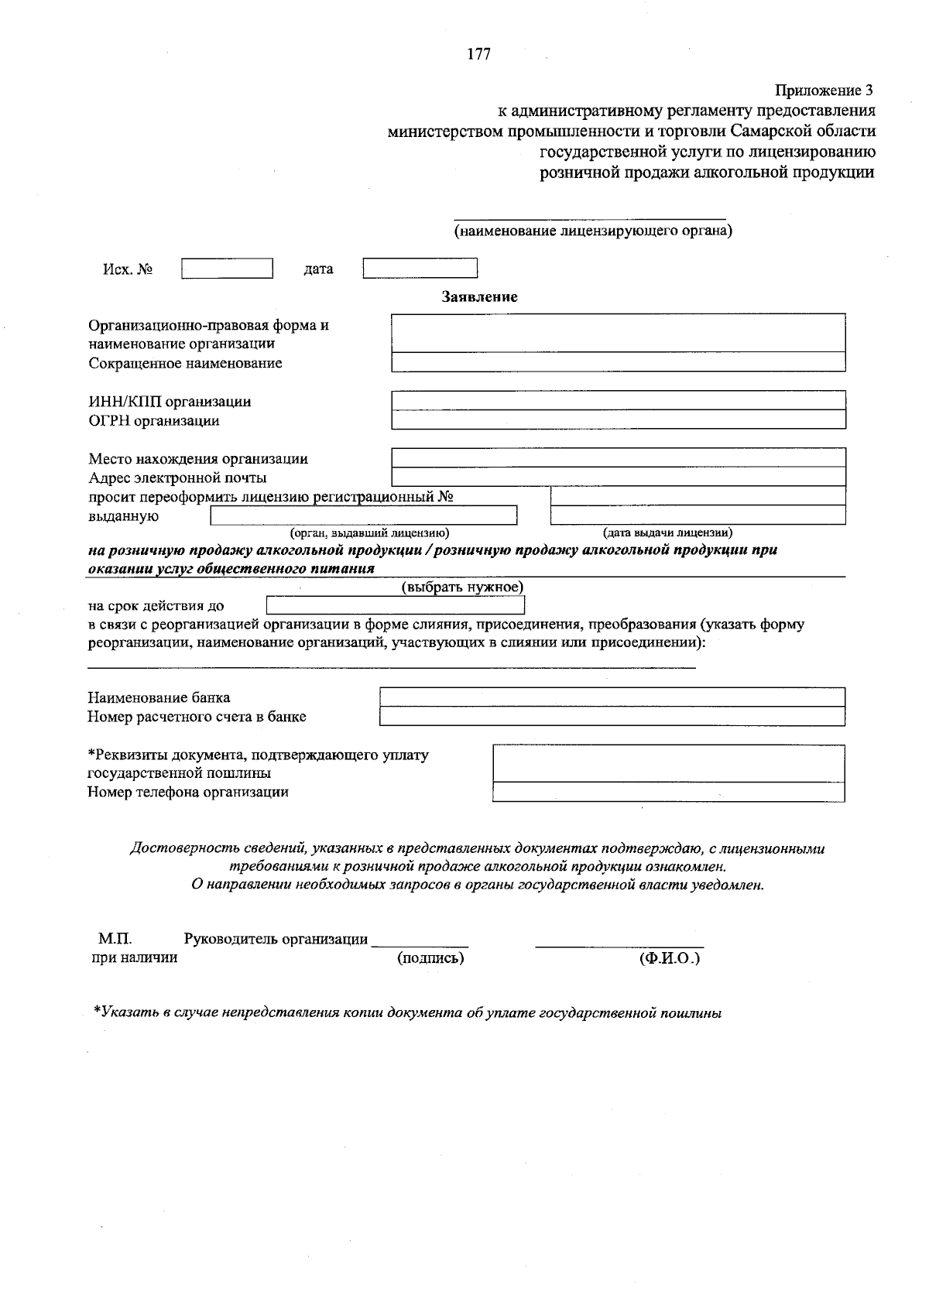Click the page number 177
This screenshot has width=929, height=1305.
(479, 54)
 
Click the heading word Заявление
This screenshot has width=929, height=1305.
(479, 296)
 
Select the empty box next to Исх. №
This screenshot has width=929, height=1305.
(227, 268)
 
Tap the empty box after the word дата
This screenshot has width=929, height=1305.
(420, 268)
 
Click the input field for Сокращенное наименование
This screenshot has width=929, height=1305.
(618, 362)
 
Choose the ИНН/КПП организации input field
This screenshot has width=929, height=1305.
(618, 400)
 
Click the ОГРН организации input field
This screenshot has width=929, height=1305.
(618, 420)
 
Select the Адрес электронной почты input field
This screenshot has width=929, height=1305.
(618, 477)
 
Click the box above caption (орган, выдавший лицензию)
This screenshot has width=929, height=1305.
(364, 515)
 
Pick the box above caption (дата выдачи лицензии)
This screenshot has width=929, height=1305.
(697, 515)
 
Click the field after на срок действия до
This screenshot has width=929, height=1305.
(395, 605)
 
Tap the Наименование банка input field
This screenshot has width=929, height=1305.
(612, 697)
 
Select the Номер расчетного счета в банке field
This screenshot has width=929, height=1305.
(612, 717)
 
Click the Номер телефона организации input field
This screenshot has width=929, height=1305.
(668, 792)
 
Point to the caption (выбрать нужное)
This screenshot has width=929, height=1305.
(462, 587)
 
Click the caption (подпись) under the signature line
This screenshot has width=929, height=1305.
(430, 958)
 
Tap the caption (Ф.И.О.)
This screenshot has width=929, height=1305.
(669, 958)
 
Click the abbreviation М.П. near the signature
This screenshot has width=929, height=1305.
(115, 939)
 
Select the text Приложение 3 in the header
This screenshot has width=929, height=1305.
(824, 91)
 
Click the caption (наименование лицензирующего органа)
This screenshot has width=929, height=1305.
(592, 231)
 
